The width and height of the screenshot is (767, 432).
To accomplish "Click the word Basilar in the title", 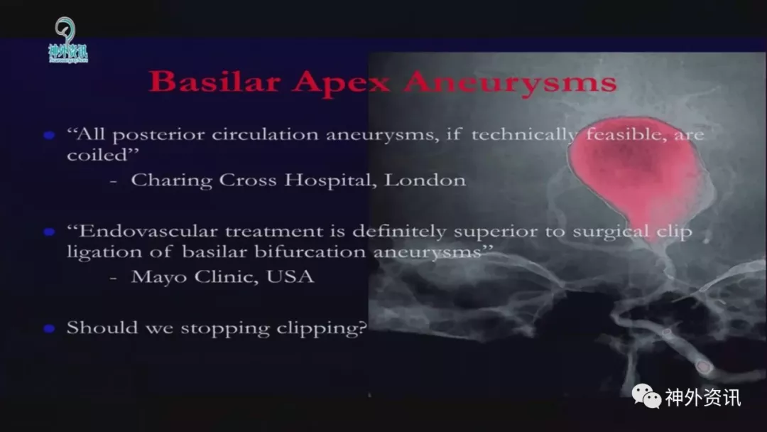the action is (x=214, y=81).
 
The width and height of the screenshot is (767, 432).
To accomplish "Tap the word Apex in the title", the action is (x=342, y=83).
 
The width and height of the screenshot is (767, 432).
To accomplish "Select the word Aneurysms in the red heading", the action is (x=510, y=82).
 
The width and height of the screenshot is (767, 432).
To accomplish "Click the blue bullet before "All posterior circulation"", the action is (x=49, y=135).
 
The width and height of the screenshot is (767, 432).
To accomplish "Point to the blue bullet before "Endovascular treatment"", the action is (x=49, y=232).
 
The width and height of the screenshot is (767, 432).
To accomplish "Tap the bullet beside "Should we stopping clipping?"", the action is (x=49, y=328).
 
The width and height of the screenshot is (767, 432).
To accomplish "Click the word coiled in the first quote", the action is (x=97, y=155).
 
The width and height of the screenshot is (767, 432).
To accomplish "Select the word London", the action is (x=425, y=180).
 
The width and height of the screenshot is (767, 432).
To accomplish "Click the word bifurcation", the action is (x=310, y=252).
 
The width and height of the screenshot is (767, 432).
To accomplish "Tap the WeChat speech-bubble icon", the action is (x=646, y=396).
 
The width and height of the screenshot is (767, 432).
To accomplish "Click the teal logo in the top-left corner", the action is (x=67, y=40).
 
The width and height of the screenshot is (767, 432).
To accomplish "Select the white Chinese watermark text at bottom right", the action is (x=703, y=397).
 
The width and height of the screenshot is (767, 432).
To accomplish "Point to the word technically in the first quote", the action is (x=523, y=136).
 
